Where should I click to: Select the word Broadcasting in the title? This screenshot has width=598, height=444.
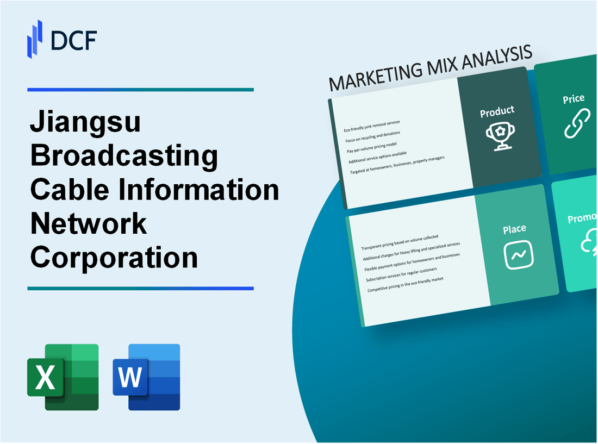click(124, 157)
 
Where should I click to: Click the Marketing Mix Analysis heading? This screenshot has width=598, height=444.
click(430, 69)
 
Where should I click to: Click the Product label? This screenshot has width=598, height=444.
click(497, 111)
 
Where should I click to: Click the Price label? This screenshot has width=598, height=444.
click(574, 99)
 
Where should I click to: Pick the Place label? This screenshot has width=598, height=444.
click(514, 229)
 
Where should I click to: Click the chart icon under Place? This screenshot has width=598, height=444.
click(518, 254)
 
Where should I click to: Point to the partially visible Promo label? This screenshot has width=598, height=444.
click(582, 218)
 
